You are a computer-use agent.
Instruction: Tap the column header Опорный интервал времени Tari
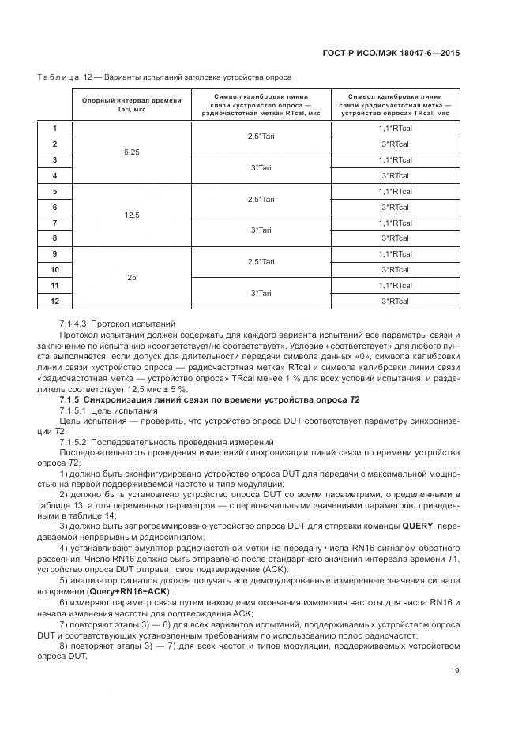(131, 105)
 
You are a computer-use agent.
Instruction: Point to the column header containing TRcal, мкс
(395, 105)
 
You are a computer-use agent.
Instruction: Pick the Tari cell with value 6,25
(131, 152)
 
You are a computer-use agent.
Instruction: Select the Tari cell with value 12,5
(131, 215)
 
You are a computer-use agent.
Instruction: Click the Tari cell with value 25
(131, 277)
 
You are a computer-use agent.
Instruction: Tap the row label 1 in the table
(54, 129)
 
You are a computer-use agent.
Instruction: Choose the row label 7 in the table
(54, 223)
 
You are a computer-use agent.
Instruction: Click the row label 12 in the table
(54, 301)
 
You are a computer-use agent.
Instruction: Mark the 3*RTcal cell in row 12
(395, 301)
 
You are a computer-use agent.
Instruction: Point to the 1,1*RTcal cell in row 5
(395, 191)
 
